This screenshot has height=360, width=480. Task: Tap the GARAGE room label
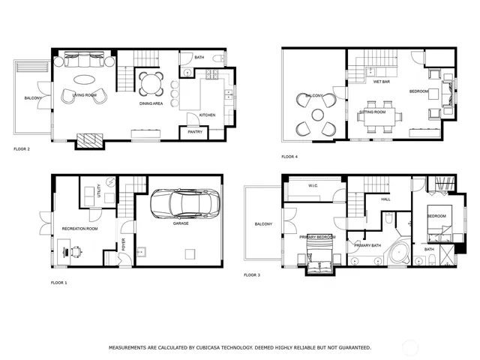coord(181,223)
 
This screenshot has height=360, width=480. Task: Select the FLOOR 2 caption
coord(22,149)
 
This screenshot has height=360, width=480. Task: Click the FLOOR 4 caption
coord(289,157)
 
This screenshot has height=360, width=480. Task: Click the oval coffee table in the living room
coord(84,79)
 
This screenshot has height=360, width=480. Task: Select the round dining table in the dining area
coord(150,82)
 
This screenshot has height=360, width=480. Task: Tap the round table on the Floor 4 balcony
coord(318,115)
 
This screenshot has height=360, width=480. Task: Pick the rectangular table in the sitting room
coord(378,116)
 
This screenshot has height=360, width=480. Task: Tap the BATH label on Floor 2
coord(199,57)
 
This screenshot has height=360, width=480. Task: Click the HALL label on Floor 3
coord(385,199)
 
